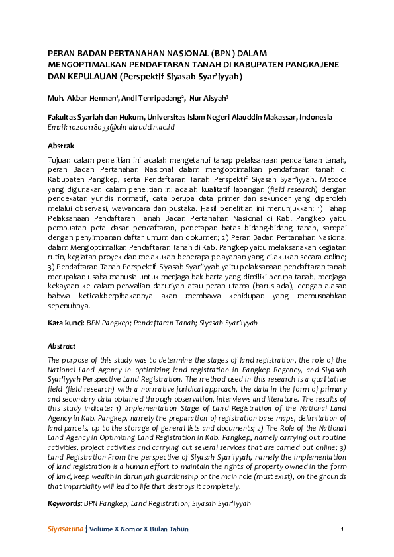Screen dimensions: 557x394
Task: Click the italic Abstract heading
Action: [x=62, y=346]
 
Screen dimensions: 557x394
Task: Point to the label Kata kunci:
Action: [x=65, y=323]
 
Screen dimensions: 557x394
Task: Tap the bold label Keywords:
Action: [x=64, y=504]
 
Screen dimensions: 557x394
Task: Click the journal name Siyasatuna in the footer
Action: [x=65, y=529]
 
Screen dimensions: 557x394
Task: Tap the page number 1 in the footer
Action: [x=342, y=529]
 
